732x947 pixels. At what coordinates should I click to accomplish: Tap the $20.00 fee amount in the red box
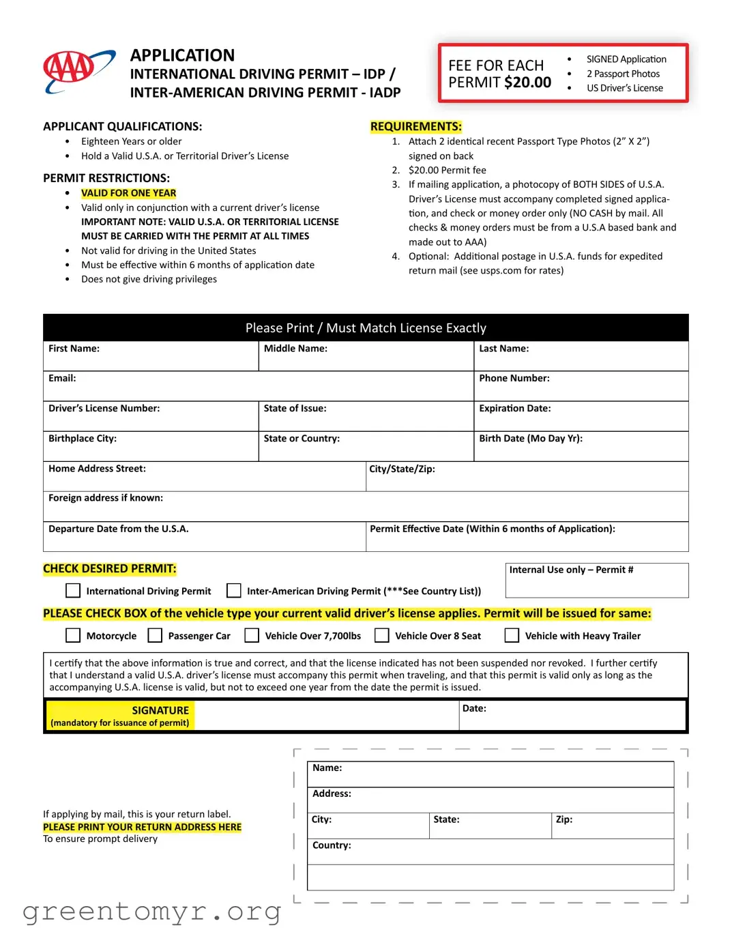coord(527,83)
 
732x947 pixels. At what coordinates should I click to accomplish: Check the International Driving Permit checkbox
coord(73,590)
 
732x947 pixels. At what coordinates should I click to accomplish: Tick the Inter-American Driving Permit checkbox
coord(234,590)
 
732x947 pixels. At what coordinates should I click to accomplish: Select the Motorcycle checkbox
coord(73,635)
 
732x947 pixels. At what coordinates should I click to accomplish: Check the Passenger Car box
coord(156,635)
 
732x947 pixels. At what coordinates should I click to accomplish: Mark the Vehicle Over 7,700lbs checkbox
coord(252,635)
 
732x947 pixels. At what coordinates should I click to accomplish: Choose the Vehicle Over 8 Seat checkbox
coord(382,635)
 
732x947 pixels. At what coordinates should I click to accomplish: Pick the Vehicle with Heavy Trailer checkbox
coord(512,635)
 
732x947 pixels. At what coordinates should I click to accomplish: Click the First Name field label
coord(74,349)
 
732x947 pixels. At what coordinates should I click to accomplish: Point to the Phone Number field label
coord(514,379)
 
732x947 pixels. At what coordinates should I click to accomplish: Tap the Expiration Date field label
coord(514,409)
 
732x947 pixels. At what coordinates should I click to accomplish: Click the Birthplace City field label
coord(83,439)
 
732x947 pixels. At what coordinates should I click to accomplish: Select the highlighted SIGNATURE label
coord(160,710)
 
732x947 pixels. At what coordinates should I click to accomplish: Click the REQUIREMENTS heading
coord(416,126)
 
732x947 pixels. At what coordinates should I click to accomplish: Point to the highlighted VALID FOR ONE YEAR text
coord(128,193)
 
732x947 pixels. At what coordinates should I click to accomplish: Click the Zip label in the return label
coord(563,819)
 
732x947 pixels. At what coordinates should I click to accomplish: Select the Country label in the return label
coord(332,845)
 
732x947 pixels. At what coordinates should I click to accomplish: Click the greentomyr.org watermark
coord(151,912)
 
